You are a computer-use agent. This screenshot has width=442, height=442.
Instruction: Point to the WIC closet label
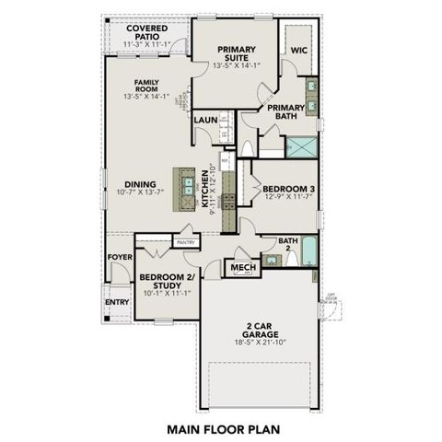(x=299, y=51)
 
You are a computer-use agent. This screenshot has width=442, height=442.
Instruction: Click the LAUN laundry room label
(x=204, y=121)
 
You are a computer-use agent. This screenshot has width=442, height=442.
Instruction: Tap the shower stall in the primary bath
(x=300, y=147)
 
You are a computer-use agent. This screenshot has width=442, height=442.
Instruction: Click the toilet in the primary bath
(x=249, y=147)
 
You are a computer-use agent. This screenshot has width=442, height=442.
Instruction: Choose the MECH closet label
(x=242, y=268)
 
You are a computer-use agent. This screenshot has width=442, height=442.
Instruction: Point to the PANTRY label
(x=186, y=242)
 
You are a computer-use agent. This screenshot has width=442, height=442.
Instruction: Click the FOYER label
(x=119, y=257)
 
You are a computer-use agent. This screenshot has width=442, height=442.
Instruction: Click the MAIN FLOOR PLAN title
(x=222, y=428)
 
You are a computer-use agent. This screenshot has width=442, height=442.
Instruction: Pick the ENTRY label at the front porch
(x=117, y=301)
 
